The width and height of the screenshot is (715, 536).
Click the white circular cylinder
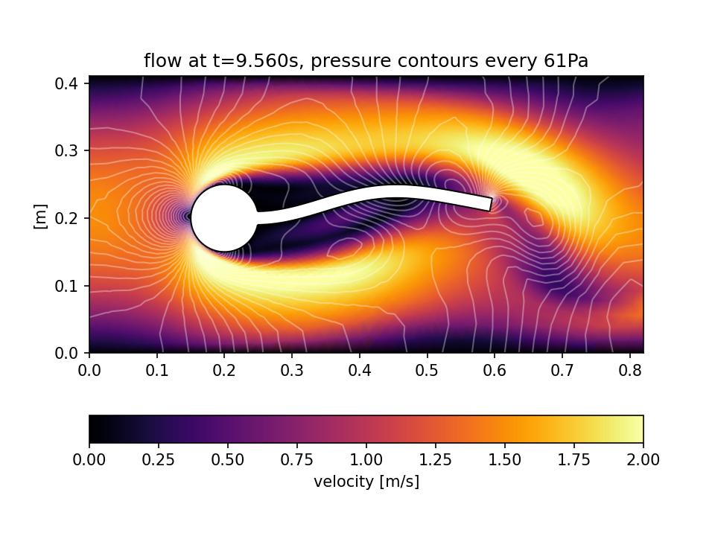point(224,218)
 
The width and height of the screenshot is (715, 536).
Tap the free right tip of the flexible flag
point(490,203)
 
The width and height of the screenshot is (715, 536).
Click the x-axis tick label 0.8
point(629,370)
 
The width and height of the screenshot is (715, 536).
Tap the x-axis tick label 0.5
point(427,370)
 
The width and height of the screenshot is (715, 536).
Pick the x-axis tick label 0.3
point(292,370)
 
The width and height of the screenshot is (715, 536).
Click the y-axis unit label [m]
point(41,216)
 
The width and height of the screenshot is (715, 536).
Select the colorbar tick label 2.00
point(643,460)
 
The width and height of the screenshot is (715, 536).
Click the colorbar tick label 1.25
point(435,460)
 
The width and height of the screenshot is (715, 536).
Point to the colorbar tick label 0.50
point(227,460)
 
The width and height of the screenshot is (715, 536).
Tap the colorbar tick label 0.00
point(89,460)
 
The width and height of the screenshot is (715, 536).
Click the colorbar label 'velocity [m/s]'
point(366,482)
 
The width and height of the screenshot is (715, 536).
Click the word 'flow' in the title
point(159,61)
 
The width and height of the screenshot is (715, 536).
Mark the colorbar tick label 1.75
point(573,460)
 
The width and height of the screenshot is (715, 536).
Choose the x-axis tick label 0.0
point(89,370)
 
